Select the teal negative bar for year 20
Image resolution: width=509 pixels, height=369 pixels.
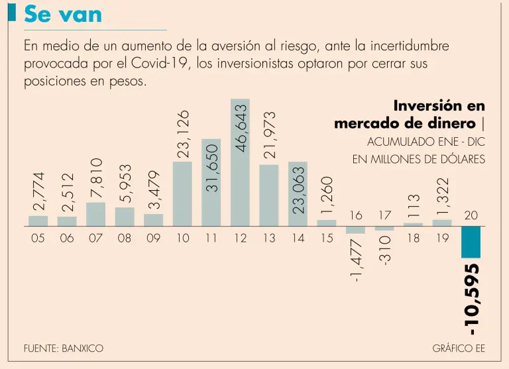coord(471,242)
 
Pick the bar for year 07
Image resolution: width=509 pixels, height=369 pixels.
coord(95,214)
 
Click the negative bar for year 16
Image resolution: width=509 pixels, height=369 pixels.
coord(355,231)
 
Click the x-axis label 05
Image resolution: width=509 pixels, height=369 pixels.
coord(38,238)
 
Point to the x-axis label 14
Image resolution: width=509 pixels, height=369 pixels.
coord(298,238)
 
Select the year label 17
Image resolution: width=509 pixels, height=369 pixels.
coord(385,215)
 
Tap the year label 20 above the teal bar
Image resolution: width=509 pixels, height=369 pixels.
coord(471,215)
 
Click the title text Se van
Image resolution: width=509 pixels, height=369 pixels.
coord(63,14)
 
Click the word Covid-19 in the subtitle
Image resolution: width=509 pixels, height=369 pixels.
coord(168,64)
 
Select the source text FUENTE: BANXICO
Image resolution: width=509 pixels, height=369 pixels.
coord(64,348)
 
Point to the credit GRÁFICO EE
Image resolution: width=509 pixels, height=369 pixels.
coord(459,348)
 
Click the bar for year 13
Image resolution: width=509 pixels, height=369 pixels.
coord(269,195)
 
